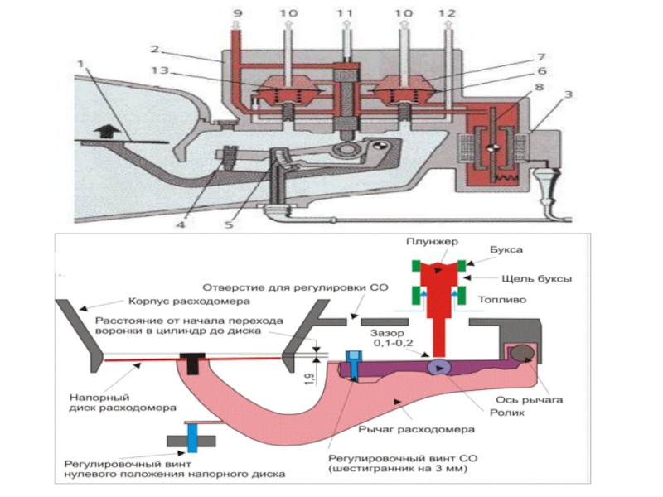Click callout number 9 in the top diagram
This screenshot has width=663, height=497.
click(238, 13)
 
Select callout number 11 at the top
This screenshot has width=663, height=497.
click(346, 13)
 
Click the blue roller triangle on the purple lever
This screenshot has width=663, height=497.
click(436, 367)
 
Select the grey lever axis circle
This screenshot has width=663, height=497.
click(522, 354)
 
